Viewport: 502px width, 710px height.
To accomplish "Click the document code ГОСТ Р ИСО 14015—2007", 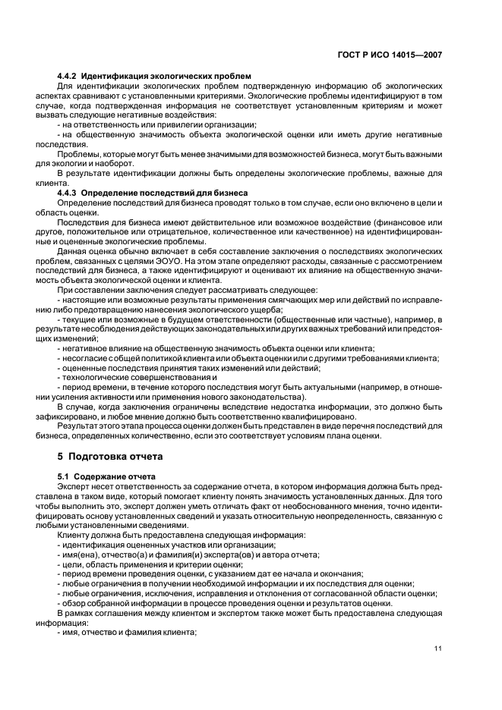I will [390, 55].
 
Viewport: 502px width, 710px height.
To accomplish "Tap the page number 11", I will [438, 648].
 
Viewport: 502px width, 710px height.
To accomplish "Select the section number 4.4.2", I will [68, 77].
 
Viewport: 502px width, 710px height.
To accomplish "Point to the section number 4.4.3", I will [68, 193].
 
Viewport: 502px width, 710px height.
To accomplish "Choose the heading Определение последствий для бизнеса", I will [165, 193].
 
